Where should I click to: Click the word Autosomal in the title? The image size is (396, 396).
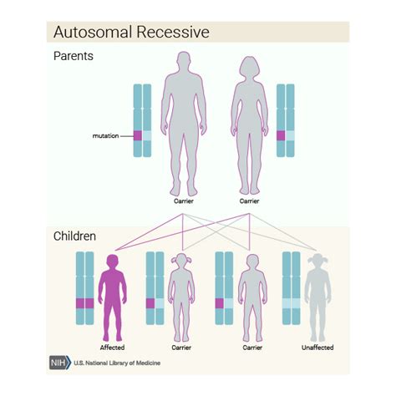(x=88, y=33)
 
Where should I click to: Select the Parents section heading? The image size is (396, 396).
(x=73, y=57)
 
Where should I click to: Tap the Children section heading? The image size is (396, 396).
(x=75, y=236)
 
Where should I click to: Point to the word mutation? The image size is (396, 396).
(x=107, y=135)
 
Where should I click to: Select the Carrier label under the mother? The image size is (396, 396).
(x=249, y=201)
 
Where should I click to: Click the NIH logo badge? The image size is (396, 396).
(x=59, y=363)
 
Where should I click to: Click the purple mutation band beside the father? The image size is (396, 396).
(x=139, y=135)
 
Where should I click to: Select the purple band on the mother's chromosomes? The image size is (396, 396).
(x=281, y=135)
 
